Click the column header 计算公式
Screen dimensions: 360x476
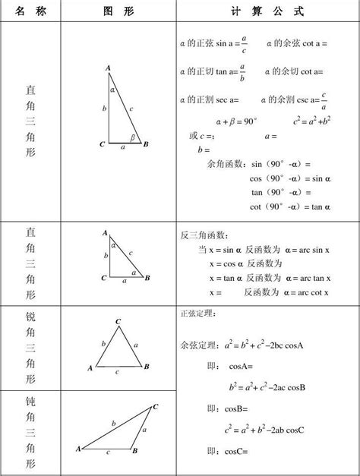point(267,12)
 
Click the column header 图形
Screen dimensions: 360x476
point(116,12)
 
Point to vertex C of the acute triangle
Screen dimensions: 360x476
point(118,322)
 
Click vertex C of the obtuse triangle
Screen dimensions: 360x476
point(156,406)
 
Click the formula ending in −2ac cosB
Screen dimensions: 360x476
point(267,387)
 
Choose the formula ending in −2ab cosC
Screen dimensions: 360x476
point(264,430)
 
